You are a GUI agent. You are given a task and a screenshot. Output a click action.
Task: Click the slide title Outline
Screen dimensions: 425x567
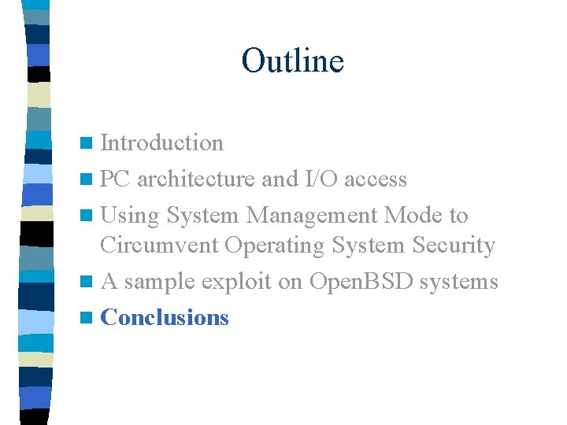pos(292,61)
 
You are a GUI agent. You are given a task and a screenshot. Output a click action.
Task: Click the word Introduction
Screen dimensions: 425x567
pos(162,143)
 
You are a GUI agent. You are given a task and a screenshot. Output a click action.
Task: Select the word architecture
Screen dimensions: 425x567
pos(195,180)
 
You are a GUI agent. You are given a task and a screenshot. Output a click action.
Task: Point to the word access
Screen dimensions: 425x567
pos(376,180)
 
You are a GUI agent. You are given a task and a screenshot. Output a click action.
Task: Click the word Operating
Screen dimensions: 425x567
pos(274,246)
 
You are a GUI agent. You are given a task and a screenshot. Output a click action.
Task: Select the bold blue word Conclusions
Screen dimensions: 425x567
pos(165,317)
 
